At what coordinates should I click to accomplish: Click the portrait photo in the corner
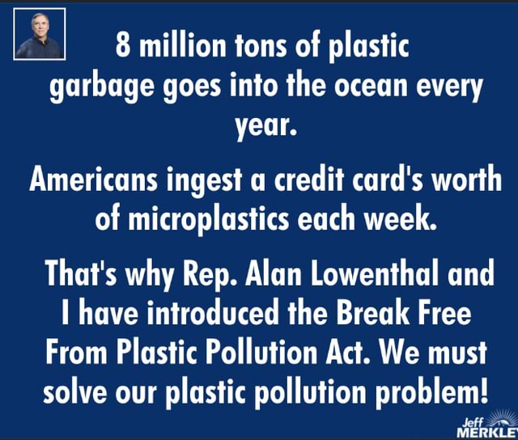pyautogui.click(x=40, y=34)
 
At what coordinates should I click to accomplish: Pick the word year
pyautogui.click(x=258, y=125)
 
